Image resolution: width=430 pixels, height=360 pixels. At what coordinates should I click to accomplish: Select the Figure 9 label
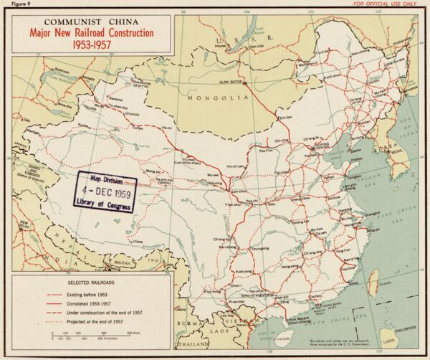pyautogui.click(x=14, y=4)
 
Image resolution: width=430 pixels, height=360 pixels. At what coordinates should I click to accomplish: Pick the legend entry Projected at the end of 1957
pyautogui.click(x=94, y=321)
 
